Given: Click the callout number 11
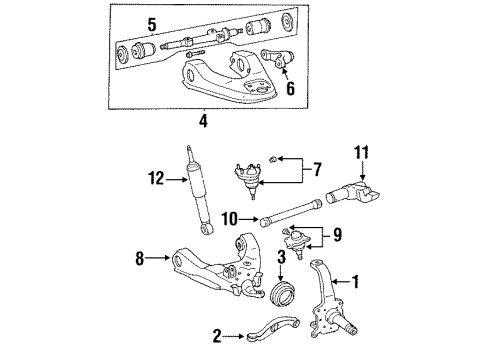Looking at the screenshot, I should point(363,153).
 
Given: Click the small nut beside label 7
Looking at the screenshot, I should point(280,159).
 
